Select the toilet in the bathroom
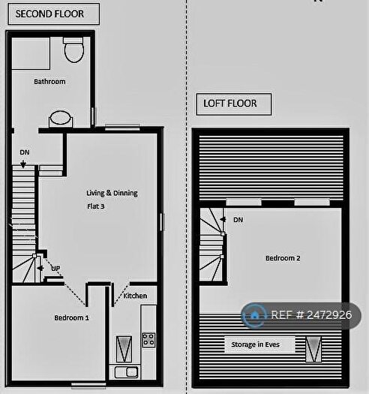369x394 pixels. [73, 50]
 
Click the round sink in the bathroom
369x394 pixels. [60, 119]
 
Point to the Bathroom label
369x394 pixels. [49, 82]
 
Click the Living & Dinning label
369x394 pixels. [112, 193]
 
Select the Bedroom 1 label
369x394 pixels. [71, 317]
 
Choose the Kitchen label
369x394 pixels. [136, 296]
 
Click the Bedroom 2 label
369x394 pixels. [283, 258]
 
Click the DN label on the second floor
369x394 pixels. [25, 152]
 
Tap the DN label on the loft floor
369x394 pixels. [238, 220]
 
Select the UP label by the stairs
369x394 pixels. [55, 267]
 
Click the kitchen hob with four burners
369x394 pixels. [148, 340]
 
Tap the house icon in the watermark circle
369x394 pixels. [255, 314]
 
